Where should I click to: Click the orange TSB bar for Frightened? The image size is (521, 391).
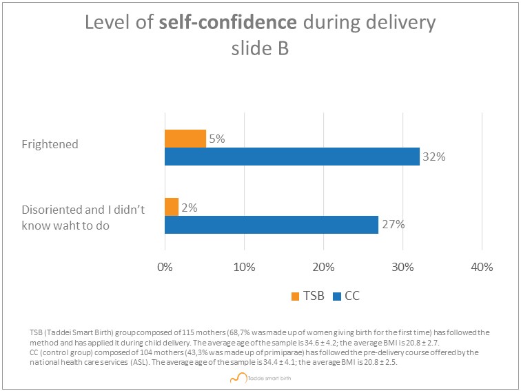pyautogui.click(x=185, y=139)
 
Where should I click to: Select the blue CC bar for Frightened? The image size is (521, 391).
pyautogui.click(x=292, y=157)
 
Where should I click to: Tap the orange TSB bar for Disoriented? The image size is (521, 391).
pyautogui.click(x=172, y=207)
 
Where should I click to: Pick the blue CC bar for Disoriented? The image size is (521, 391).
pyautogui.click(x=272, y=225)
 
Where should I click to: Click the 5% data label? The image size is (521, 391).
pyautogui.click(x=217, y=139)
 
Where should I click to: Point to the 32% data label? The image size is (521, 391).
pyautogui.click(x=434, y=157)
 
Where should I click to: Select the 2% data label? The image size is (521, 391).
pyautogui.click(x=190, y=208)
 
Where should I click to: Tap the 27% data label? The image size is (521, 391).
pyautogui.click(x=394, y=225)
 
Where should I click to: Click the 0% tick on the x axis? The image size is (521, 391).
pyautogui.click(x=165, y=268)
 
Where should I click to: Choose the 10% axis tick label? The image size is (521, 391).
pyautogui.click(x=244, y=268)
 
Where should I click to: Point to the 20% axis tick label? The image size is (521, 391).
pyautogui.click(x=324, y=268)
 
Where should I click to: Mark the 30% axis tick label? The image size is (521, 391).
pyautogui.click(x=402, y=268)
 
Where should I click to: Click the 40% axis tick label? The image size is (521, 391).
pyautogui.click(x=482, y=268)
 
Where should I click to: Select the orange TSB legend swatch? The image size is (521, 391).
pyautogui.click(x=295, y=297)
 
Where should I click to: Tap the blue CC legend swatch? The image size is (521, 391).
pyautogui.click(x=337, y=297)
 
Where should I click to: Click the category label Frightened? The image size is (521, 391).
pyautogui.click(x=50, y=145)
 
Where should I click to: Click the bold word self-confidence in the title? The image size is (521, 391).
pyautogui.click(x=228, y=23)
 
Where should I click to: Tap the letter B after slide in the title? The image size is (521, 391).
pyautogui.click(x=283, y=48)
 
